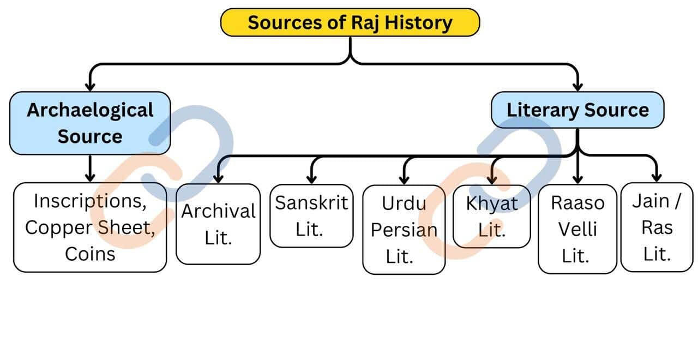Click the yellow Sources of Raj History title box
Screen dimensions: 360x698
tap(350, 23)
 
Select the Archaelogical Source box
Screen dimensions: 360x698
tap(90, 123)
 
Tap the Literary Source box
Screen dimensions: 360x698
tap(577, 110)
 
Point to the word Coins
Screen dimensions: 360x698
tap(90, 254)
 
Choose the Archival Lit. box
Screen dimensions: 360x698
tap(218, 224)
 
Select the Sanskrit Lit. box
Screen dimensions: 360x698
tap(311, 216)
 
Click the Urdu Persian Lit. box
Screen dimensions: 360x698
tap(404, 229)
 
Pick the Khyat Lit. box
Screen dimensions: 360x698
tap(491, 217)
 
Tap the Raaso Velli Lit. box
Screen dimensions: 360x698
tap(577, 229)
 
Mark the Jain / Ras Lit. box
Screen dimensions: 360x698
tap(657, 227)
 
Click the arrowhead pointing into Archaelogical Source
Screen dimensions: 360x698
tap(90, 86)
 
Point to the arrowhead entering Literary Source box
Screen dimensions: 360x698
tap(577, 86)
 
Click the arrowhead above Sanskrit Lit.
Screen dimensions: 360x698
tap(311, 178)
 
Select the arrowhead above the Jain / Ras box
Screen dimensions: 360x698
tap(657, 177)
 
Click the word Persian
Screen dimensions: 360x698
tap(404, 230)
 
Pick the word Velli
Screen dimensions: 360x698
tap(577, 229)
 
